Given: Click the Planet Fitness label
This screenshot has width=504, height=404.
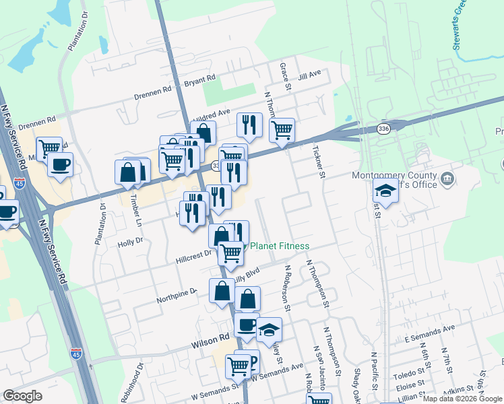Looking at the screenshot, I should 280,246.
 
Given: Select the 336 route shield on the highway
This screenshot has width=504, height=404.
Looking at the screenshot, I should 383,128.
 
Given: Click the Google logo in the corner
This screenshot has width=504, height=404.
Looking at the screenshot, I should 22,396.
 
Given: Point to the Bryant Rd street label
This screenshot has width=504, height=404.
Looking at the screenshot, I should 199,81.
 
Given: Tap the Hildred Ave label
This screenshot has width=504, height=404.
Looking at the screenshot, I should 212,114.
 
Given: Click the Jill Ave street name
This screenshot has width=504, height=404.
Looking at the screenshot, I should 310,75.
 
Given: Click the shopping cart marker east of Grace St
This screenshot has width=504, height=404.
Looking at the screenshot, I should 282,129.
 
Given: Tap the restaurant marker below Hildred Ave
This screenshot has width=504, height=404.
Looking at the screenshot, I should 249,125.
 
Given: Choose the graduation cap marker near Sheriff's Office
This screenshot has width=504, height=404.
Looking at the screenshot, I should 386,191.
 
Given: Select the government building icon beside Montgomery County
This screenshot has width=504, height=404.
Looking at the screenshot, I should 447,178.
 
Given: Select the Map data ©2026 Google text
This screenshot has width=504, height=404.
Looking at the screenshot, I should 462,399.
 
